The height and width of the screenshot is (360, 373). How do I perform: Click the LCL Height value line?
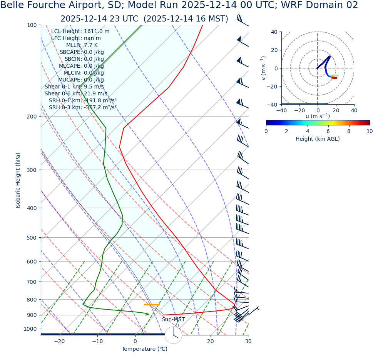pyautogui.click(x=80, y=32)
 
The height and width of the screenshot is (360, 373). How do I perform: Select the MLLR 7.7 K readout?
pyautogui.click(x=82, y=45)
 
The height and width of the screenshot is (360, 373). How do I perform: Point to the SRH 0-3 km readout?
pyautogui.click(x=82, y=108)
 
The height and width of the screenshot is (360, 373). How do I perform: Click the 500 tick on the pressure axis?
pyautogui.click(x=32, y=238)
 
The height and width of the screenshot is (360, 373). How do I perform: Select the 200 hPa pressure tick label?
pyautogui.click(x=32, y=117)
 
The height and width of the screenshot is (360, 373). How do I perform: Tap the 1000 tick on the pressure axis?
pyautogui.click(x=30, y=329)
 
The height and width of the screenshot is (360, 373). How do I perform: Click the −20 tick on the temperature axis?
pyautogui.click(x=59, y=341)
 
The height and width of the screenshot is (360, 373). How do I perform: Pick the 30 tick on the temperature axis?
pyautogui.click(x=248, y=341)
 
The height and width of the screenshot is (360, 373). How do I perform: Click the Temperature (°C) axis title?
pyautogui.click(x=144, y=349)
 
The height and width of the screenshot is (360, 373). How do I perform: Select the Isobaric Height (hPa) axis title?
pyautogui.click(x=18, y=180)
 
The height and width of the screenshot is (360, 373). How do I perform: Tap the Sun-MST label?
pyautogui.click(x=173, y=320)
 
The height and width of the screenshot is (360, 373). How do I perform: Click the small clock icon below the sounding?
pyautogui.click(x=173, y=335)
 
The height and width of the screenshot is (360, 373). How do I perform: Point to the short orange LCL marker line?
pyautogui.click(x=152, y=305)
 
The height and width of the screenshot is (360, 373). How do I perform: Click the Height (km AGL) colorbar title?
pyautogui.click(x=318, y=139)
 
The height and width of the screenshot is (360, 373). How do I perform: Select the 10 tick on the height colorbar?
pyautogui.click(x=369, y=131)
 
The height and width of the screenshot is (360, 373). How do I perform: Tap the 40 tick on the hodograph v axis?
pyautogui.click(x=274, y=32)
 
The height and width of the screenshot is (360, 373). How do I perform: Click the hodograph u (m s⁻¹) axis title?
pyautogui.click(x=318, y=116)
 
